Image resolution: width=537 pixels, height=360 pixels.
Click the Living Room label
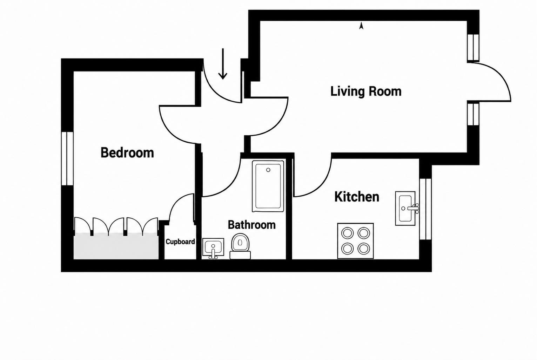click(x=366, y=91)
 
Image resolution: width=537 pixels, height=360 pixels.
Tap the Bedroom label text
click(x=127, y=152)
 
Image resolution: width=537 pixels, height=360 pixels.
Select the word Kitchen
click(x=357, y=197)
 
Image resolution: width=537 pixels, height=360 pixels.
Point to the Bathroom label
click(x=252, y=225)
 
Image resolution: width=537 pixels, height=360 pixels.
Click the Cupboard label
click(x=180, y=242)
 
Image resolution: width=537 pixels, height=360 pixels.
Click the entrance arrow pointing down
click(x=223, y=64)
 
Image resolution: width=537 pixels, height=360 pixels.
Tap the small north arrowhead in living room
click(x=361, y=26)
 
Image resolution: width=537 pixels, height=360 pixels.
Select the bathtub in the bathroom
click(x=268, y=186)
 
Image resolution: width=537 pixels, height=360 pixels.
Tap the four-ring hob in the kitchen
click(x=356, y=241)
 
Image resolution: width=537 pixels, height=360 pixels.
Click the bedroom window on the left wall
click(x=67, y=158)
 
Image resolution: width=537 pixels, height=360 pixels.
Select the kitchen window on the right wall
click(x=425, y=209)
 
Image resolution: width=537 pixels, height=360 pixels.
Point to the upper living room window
click(x=473, y=47)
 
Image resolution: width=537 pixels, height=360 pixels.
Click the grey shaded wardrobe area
click(x=116, y=246)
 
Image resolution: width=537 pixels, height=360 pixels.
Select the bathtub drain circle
click(x=268, y=170)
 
